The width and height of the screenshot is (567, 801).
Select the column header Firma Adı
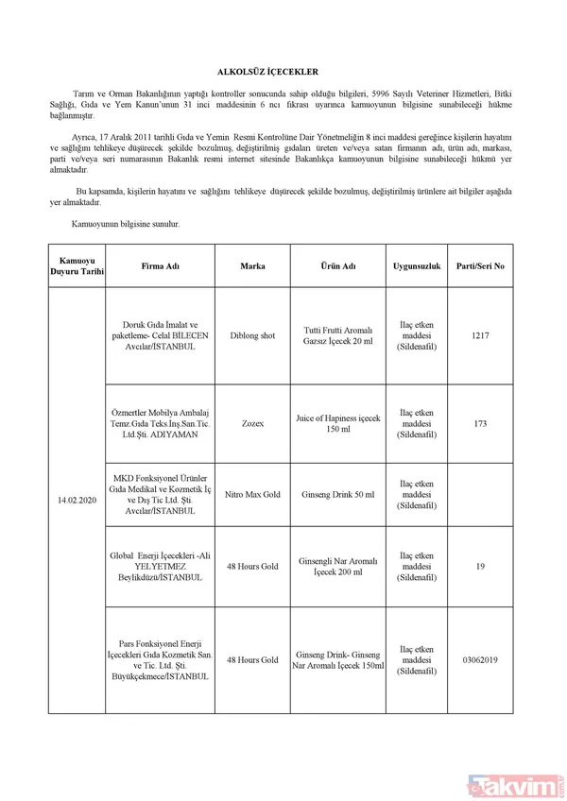160,266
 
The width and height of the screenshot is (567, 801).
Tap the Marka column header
252,266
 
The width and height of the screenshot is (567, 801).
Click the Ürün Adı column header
337,266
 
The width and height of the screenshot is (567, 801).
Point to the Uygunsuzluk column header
417,266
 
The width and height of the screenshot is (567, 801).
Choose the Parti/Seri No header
480,266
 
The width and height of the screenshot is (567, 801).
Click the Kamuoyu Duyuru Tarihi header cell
78,266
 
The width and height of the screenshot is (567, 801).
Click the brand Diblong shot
252,335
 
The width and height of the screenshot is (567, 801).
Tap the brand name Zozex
252,423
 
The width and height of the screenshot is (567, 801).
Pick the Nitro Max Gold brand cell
252,495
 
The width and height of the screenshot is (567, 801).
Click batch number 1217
480,335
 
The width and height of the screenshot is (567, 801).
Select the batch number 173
480,423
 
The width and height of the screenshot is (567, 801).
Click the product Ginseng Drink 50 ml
337,495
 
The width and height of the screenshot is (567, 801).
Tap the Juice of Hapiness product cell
337,423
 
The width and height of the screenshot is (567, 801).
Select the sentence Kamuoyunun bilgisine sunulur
126,224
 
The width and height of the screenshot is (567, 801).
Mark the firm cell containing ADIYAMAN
160,423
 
